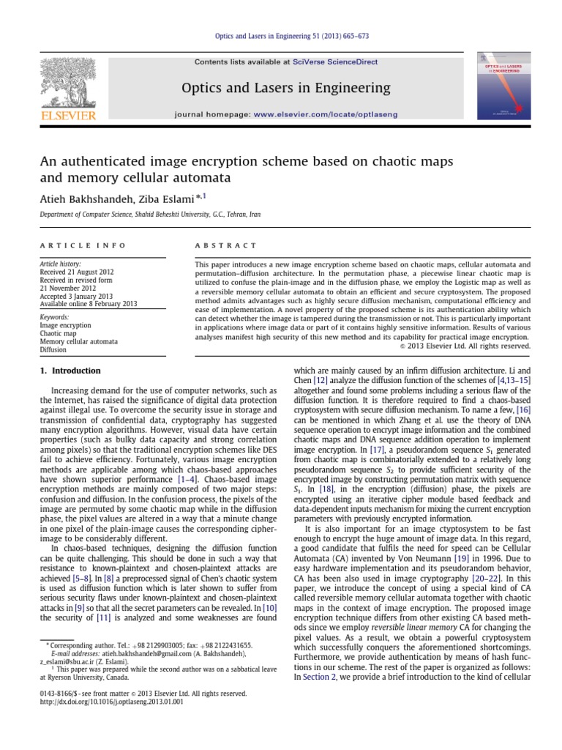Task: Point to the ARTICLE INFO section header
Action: tap(83, 245)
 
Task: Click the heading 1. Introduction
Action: tap(70, 371)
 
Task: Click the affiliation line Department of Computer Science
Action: tap(139, 215)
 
